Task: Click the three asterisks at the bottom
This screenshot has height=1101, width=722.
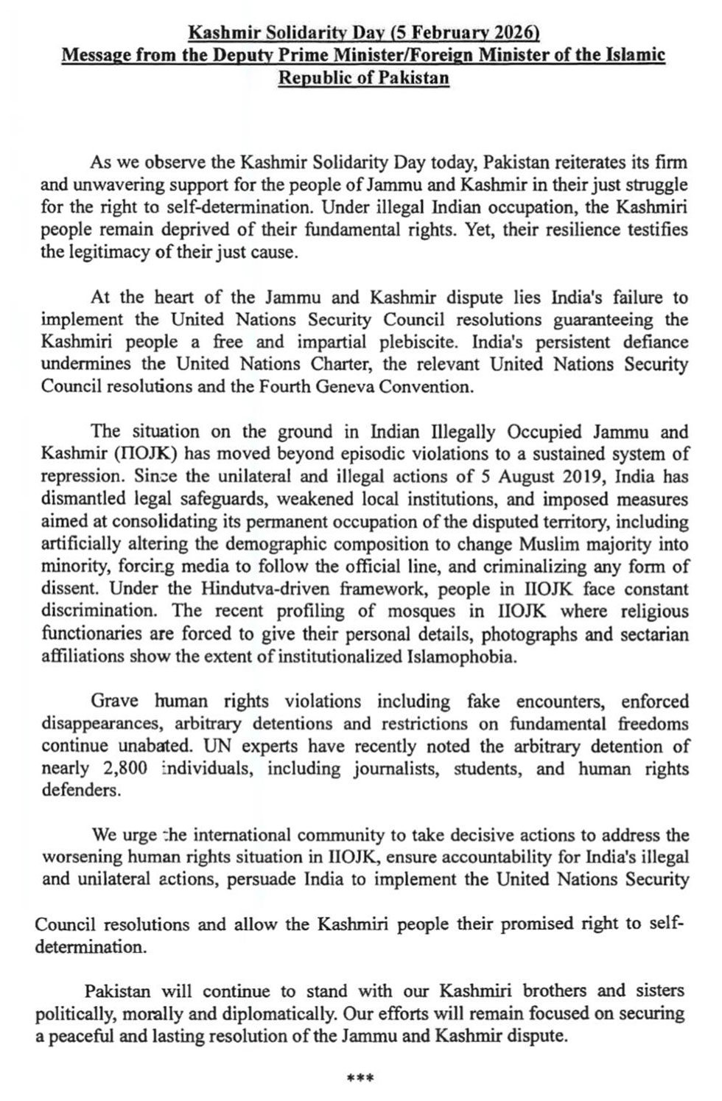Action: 360,1079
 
